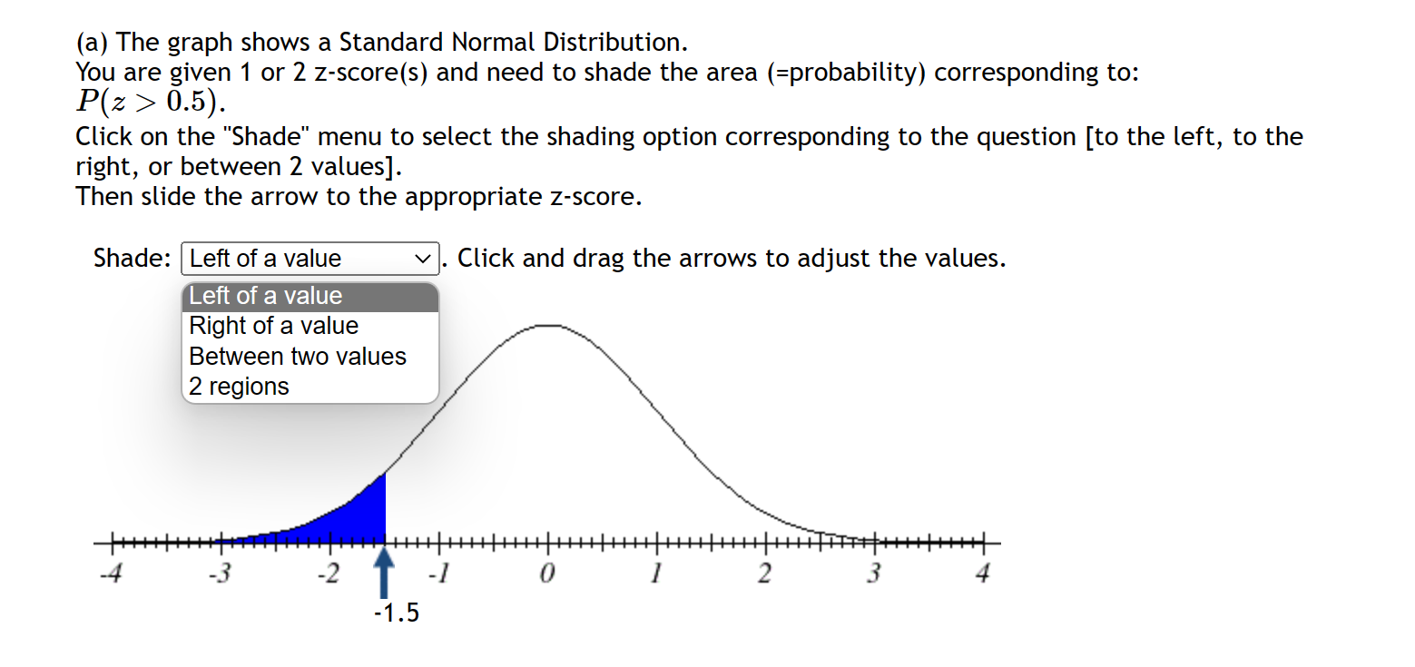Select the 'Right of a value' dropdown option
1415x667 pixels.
point(273,326)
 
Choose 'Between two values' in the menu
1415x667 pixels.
point(298,357)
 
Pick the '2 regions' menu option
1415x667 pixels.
point(239,387)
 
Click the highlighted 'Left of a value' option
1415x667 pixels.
point(266,296)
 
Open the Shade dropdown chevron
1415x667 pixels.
point(422,259)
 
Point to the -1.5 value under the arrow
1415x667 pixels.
point(397,613)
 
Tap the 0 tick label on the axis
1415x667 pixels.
point(547,575)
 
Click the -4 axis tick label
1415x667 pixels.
point(112,575)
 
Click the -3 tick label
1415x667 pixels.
point(220,575)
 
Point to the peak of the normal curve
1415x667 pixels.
point(547,325)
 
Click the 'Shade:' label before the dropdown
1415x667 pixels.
point(132,259)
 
